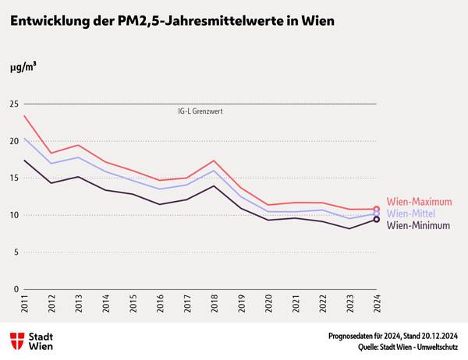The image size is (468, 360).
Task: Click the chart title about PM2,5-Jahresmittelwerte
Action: point(172,22)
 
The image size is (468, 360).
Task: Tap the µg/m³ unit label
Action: point(23,68)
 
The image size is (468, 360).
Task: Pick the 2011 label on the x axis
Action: point(24,304)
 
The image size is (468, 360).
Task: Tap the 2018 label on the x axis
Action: point(214,304)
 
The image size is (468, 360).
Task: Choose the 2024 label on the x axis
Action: point(377,304)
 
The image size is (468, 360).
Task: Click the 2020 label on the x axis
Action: point(268,304)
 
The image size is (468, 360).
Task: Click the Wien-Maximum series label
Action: point(419,203)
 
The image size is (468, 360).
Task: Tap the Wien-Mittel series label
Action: point(410,214)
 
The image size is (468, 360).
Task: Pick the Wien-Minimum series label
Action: point(418,225)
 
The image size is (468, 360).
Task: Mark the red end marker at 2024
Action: point(377,210)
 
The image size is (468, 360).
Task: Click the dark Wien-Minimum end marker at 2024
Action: point(377,220)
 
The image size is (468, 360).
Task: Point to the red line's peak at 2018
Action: point(214,161)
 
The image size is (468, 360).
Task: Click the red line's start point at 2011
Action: point(25,116)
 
